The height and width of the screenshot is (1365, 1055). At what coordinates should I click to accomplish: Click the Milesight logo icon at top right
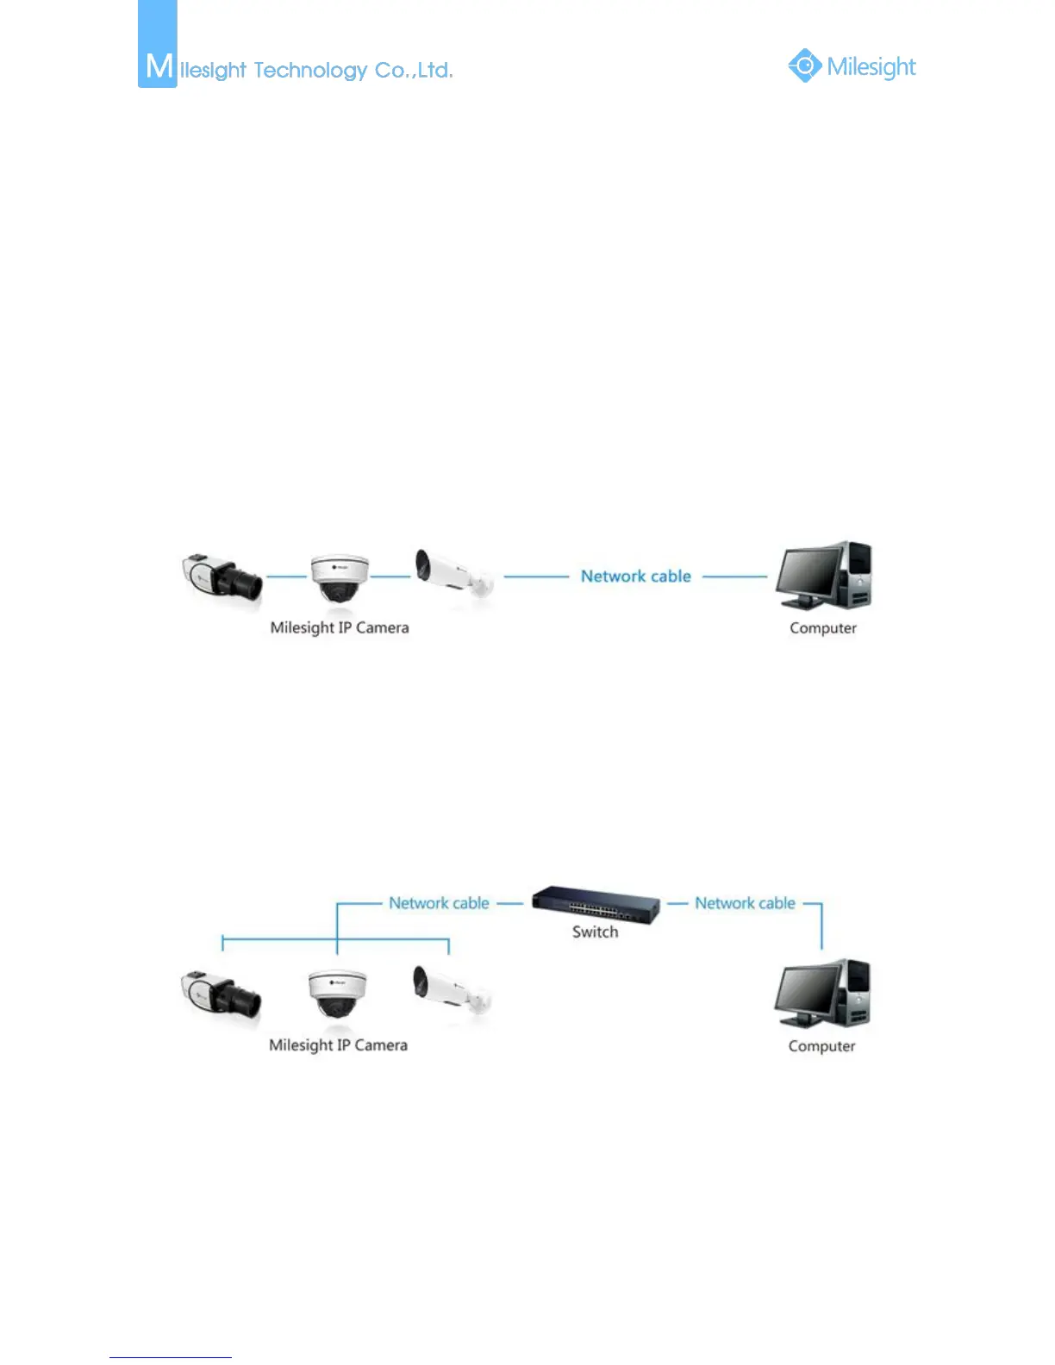point(804,65)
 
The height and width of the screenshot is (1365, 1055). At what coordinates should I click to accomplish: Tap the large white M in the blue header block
point(159,65)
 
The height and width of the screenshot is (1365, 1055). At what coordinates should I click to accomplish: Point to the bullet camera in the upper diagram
point(453,573)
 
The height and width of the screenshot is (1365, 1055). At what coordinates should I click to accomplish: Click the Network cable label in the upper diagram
point(636,576)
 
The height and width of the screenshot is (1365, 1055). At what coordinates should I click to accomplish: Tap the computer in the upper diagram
point(824,576)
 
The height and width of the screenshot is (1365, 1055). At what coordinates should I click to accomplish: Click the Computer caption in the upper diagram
point(823,628)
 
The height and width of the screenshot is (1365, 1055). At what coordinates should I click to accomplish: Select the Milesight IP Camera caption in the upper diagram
point(340,627)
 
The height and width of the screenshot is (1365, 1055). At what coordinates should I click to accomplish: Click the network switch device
point(596,904)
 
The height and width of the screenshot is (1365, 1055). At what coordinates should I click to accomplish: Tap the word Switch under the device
point(596,932)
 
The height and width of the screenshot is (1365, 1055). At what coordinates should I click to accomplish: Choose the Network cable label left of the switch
point(439,903)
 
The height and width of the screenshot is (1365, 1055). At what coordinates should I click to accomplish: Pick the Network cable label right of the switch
point(746,903)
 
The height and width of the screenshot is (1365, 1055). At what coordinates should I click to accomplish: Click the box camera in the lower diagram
point(221,994)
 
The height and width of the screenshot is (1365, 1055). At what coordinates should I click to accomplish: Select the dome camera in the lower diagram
point(337,994)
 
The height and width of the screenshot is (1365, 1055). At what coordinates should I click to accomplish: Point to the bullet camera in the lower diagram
point(453,991)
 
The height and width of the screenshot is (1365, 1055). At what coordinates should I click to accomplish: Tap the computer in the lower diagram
point(822,994)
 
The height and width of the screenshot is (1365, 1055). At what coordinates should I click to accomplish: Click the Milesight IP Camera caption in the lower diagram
point(338,1045)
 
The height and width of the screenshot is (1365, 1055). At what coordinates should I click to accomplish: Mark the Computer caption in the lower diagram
point(822,1046)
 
